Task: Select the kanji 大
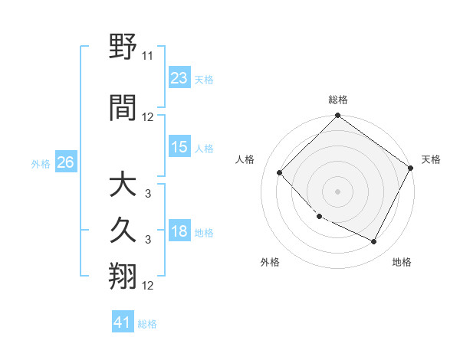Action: (x=123, y=186)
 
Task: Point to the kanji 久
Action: (x=123, y=231)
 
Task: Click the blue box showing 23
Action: (x=179, y=78)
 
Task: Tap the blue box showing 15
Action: (x=179, y=147)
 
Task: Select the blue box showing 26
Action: (x=65, y=162)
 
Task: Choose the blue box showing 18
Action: (x=179, y=231)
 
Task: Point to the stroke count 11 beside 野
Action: (x=148, y=57)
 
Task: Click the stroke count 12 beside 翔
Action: (x=148, y=286)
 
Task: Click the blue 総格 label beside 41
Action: (x=147, y=324)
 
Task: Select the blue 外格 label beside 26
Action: (x=41, y=164)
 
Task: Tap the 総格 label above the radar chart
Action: (x=338, y=100)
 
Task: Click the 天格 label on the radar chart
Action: (x=431, y=159)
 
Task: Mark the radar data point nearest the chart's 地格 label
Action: (x=374, y=242)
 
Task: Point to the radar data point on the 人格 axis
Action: (x=280, y=173)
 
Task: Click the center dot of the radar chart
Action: (x=338, y=191)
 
